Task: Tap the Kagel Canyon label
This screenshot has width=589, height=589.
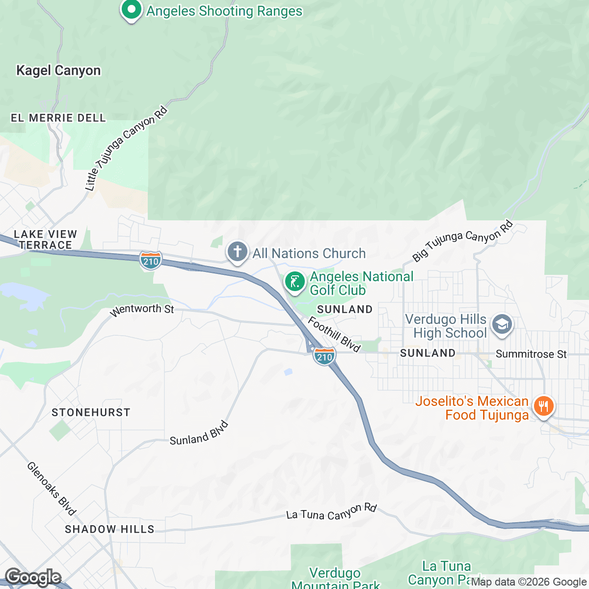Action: [58, 71]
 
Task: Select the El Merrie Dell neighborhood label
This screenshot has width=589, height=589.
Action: [58, 118]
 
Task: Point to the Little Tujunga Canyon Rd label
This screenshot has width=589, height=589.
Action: [126, 149]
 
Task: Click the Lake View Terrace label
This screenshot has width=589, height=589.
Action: [45, 240]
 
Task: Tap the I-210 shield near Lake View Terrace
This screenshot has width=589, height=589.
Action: [151, 261]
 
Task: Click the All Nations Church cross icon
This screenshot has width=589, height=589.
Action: [237, 252]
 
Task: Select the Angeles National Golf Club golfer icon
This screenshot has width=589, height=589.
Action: [294, 282]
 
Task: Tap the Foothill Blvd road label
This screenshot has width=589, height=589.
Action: [334, 334]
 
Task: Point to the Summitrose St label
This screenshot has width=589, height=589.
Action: [531, 354]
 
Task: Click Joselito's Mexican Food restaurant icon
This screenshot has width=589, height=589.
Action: [543, 406]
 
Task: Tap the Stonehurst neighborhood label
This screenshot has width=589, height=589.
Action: [91, 412]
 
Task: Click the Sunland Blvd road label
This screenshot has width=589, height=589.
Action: [199, 433]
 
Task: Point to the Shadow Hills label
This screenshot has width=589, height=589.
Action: [109, 529]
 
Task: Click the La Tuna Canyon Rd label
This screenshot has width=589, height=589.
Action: [331, 512]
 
